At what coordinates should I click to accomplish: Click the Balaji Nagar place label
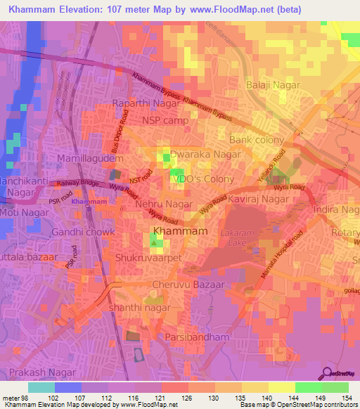[273, 85]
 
